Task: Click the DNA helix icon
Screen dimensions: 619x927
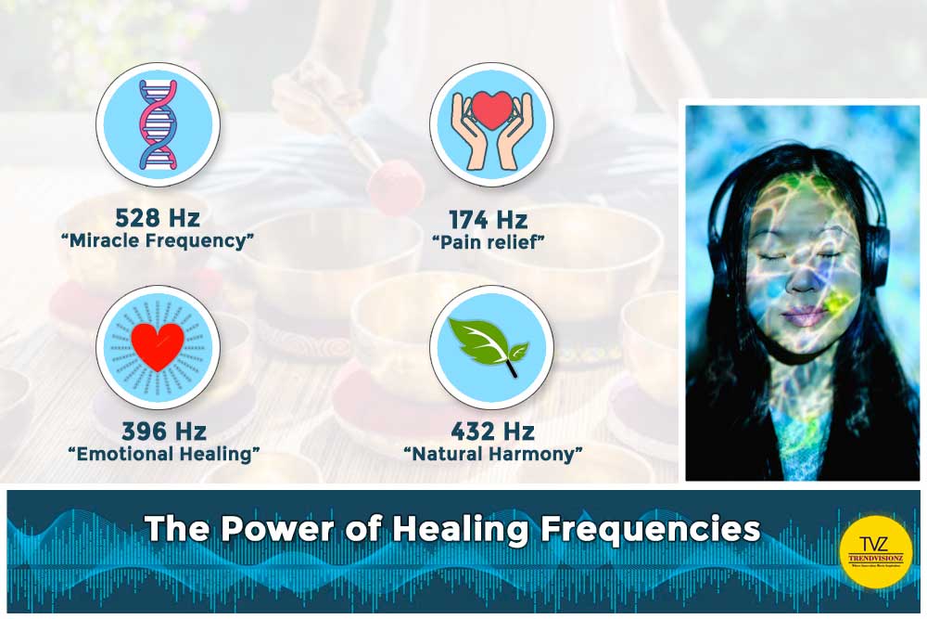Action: click(x=158, y=125)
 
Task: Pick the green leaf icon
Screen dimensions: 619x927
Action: click(x=489, y=348)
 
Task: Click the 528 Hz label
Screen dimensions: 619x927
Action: click(x=158, y=219)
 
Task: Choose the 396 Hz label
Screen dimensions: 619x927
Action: click(x=164, y=432)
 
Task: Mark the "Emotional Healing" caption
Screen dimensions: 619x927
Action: click(x=164, y=454)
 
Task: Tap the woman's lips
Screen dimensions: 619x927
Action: click(x=804, y=316)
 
